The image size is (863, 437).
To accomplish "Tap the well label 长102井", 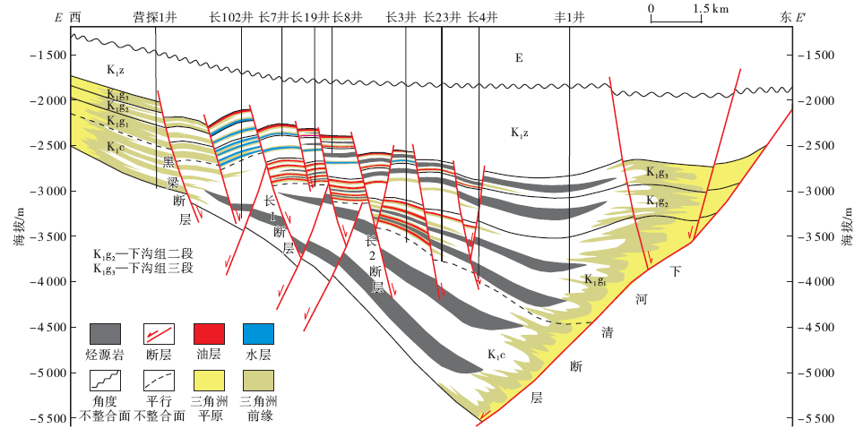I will coord(229,16).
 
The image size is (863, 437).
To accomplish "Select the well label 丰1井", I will coord(569,16).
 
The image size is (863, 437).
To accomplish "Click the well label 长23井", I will coord(441,16).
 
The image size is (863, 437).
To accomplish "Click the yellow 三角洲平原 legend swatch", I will coord(208,383).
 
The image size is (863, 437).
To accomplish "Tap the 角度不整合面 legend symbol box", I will coord(105,383).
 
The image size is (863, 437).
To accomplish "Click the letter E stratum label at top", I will coord(517,59).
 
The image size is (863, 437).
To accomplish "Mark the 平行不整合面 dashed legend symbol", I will coord(157,383).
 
